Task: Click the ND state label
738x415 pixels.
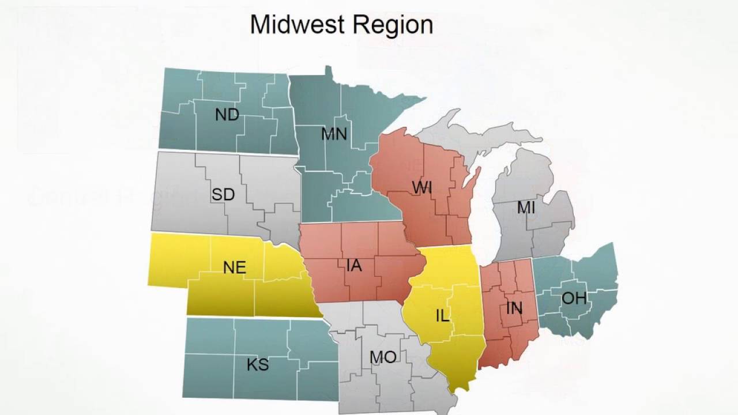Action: click(227, 115)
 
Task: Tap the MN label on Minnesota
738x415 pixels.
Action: click(334, 134)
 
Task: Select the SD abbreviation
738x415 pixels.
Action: click(223, 195)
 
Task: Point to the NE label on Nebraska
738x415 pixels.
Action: click(234, 267)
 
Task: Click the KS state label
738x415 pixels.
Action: click(258, 365)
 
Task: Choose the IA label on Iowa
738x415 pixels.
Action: click(354, 266)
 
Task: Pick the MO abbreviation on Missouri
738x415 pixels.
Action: click(383, 358)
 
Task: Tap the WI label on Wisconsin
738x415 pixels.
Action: click(423, 187)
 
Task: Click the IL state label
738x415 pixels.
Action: click(442, 316)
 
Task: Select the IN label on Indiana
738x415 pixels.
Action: click(514, 308)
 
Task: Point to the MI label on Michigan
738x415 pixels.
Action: click(526, 207)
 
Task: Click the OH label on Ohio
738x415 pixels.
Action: click(574, 298)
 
